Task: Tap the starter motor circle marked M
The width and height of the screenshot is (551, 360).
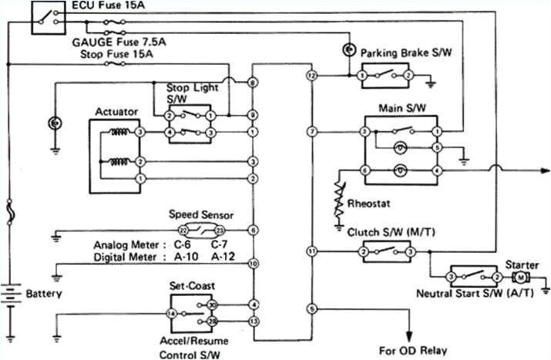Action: click(521, 276)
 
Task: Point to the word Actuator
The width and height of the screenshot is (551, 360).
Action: click(116, 113)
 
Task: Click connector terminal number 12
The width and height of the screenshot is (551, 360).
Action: click(311, 76)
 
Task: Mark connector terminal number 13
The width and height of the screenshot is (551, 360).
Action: click(254, 321)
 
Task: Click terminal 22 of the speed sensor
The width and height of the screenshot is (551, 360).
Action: click(183, 230)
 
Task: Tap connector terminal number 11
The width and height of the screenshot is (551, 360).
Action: click(311, 251)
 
